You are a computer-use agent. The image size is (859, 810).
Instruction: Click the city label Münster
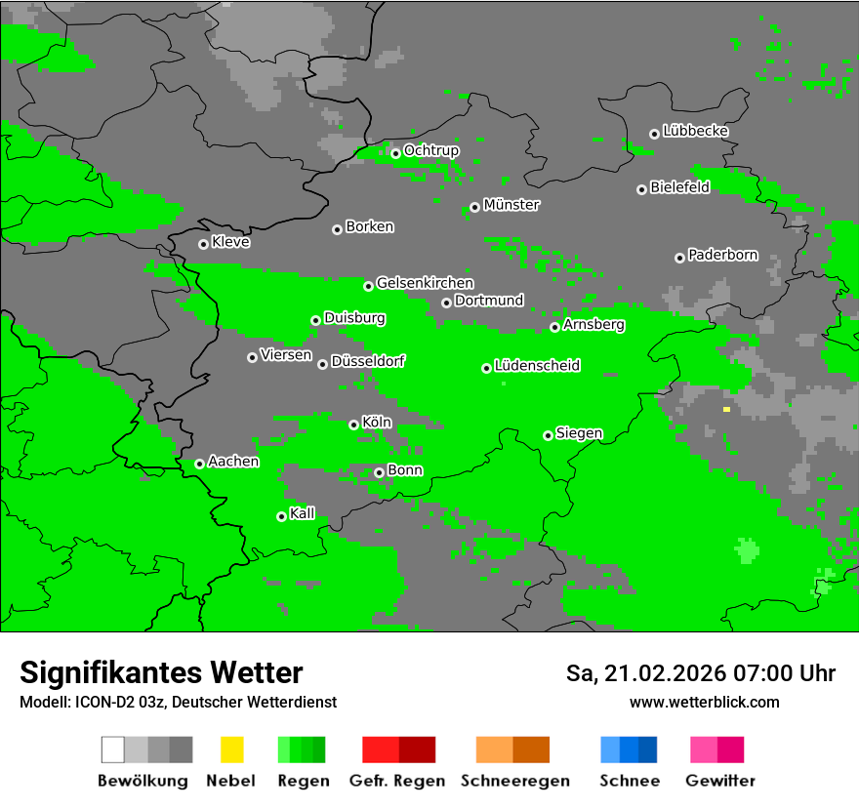pyautogui.click(x=511, y=205)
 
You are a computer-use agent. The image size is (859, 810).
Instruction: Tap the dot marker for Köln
pyautogui.click(x=353, y=425)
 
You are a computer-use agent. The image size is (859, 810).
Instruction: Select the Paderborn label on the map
pyautogui.click(x=723, y=256)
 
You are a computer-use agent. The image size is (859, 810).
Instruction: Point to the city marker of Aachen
pyautogui.click(x=199, y=464)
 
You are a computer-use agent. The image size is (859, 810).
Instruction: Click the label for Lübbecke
pyautogui.click(x=696, y=131)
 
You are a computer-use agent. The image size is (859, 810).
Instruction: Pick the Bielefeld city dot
pyautogui.click(x=641, y=189)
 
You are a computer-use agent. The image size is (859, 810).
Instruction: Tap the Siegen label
pyautogui.click(x=580, y=433)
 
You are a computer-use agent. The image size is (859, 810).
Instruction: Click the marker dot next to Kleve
pyautogui.click(x=203, y=244)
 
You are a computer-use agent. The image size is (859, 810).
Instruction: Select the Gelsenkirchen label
pyautogui.click(x=425, y=283)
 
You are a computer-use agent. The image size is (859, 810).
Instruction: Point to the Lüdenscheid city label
pyautogui.click(x=538, y=366)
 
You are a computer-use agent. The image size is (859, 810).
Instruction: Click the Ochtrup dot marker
pyautogui.click(x=395, y=152)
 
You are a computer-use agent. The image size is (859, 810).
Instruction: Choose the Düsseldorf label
pyautogui.click(x=368, y=361)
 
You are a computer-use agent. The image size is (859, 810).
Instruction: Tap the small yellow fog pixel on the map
pyautogui.click(x=726, y=410)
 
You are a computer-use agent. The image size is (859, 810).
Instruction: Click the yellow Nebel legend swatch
pyautogui.click(x=231, y=749)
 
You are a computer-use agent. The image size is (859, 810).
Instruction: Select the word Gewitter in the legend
pyautogui.click(x=720, y=781)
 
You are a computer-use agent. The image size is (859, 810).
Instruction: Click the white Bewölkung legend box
pyautogui.click(x=113, y=749)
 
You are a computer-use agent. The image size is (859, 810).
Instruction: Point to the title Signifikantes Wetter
pyautogui.click(x=161, y=672)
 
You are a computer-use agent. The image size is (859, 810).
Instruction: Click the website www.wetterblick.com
pyautogui.click(x=705, y=702)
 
